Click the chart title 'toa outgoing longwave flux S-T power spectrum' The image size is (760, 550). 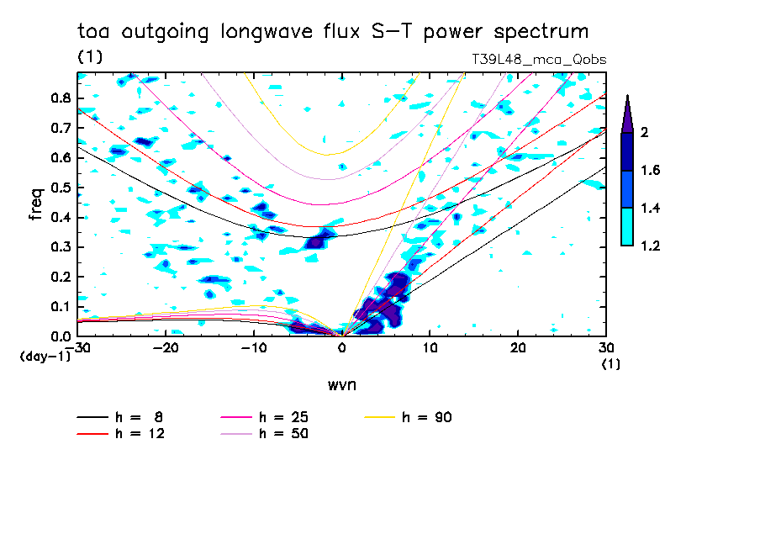click(x=332, y=32)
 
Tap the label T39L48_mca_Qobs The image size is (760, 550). click(x=540, y=60)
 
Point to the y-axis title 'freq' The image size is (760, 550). click(x=34, y=204)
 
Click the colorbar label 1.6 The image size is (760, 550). click(x=651, y=171)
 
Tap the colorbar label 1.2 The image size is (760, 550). click(x=651, y=246)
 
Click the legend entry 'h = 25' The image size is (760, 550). click(x=269, y=417)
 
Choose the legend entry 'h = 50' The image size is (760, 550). click(x=269, y=434)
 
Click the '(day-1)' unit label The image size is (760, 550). click(x=45, y=356)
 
